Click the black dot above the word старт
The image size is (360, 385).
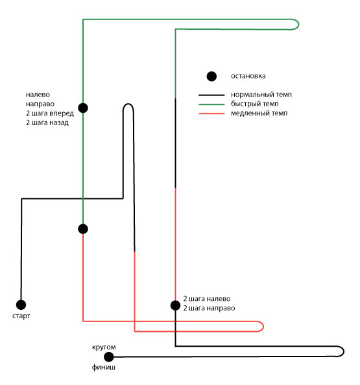tap(21, 305)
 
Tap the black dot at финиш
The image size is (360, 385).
tap(108, 356)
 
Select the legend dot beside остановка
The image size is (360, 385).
tap(211, 76)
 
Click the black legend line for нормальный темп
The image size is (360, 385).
tap(211, 95)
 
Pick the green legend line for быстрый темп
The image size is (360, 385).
tap(211, 104)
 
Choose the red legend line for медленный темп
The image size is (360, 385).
tap(211, 113)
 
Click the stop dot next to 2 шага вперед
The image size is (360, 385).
tap(83, 108)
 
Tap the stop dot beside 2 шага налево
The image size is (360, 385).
tap(175, 305)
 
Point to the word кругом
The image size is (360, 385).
tap(104, 347)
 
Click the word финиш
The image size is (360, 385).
tap(103, 367)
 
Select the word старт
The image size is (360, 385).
tap(21, 316)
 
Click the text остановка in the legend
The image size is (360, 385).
tap(248, 76)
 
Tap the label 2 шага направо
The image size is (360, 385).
tap(209, 308)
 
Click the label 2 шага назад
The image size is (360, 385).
tap(47, 122)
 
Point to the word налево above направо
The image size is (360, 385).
tap(38, 95)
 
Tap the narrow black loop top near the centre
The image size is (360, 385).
tap(128, 104)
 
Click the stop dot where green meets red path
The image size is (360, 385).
tap(83, 229)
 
